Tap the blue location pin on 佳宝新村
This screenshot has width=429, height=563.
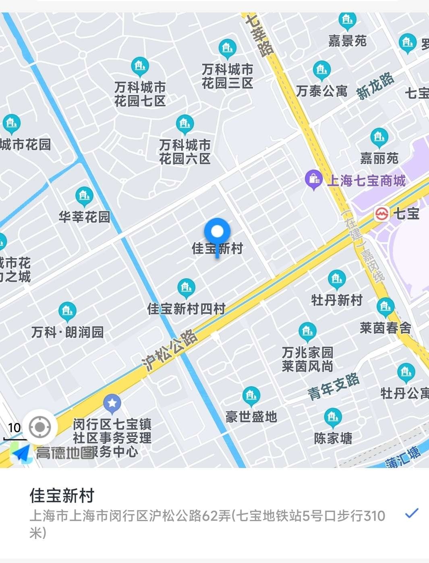coord(217,232)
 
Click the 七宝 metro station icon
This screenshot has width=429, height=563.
coord(381,213)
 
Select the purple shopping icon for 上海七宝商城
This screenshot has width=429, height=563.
coord(313,179)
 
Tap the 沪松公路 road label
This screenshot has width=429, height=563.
coord(170,350)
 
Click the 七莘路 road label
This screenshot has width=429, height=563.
coord(260,35)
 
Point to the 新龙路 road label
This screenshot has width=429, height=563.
coord(375,86)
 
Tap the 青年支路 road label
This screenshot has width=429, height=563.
coord(334,386)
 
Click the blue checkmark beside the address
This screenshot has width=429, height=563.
coord(411,513)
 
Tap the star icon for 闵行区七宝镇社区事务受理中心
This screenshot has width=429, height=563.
coord(112,403)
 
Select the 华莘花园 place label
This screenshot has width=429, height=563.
coord(84,217)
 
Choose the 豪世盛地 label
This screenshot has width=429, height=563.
coord(251,416)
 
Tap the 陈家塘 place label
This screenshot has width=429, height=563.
coord(333,438)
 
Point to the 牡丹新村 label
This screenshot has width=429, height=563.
coord(337,300)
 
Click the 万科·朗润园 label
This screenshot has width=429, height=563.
coord(68,332)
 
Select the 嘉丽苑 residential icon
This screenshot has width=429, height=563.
coord(379,138)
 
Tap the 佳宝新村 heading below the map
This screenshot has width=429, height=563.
coord(62,496)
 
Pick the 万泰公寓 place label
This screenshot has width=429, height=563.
coord(321,91)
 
